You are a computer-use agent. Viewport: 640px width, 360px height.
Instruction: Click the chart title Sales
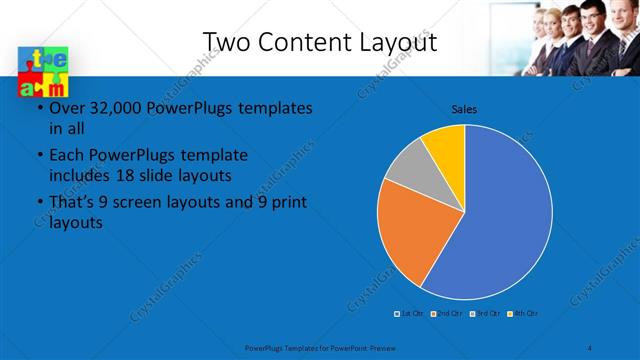[x=464, y=108]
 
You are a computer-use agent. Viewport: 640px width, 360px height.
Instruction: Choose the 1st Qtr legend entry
[x=410, y=314]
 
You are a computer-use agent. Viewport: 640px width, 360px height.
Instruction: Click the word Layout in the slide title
[x=399, y=42]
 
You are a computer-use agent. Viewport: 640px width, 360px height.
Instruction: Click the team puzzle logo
[x=42, y=73]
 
